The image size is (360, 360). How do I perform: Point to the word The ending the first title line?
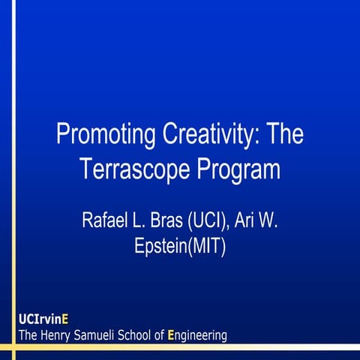click(x=284, y=136)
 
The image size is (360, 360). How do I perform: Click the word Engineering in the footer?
click(x=197, y=335)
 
